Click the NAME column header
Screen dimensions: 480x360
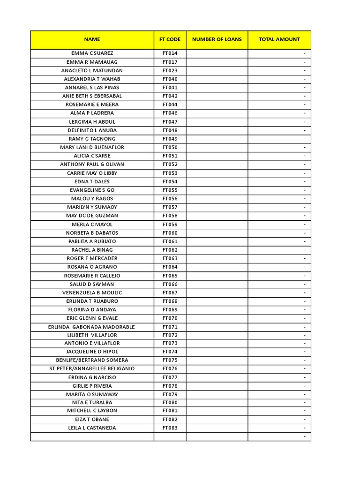pos(92,39)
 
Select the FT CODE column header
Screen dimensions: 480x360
pos(170,39)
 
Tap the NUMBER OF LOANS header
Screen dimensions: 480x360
pos(217,39)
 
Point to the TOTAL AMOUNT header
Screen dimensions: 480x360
pos(279,39)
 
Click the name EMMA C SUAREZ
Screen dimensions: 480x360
pos(92,53)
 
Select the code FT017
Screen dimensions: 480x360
pos(170,62)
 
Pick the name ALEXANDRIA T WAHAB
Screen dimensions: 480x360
pos(92,79)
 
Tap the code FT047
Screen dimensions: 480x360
pos(170,122)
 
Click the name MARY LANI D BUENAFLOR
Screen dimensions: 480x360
pos(92,147)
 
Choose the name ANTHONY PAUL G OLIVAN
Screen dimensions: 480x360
pos(92,165)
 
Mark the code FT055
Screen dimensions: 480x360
pos(170,190)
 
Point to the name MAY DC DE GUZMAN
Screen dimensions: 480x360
pos(92,216)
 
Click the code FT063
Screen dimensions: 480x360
pos(170,258)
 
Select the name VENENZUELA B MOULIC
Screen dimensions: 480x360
pos(92,292)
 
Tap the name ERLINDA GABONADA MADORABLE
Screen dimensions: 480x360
pos(91,327)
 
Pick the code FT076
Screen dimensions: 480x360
pos(170,368)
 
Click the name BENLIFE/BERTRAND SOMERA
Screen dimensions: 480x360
pos(92,360)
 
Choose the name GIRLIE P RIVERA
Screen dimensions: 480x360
pos(92,386)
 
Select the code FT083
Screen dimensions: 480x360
pos(170,428)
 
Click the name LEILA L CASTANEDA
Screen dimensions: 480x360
pos(92,428)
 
